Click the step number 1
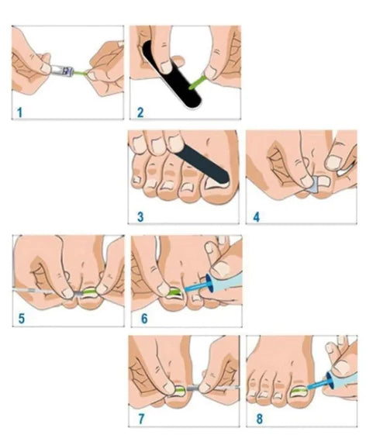point(18,112)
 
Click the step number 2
point(139,112)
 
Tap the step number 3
point(139,217)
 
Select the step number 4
point(257,217)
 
